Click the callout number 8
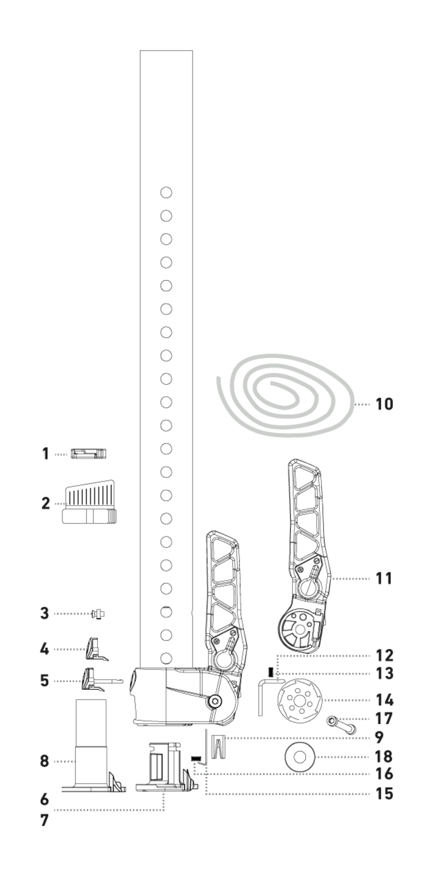(44, 762)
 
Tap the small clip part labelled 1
(88, 454)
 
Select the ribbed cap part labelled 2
(89, 502)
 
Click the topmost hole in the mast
(166, 193)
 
